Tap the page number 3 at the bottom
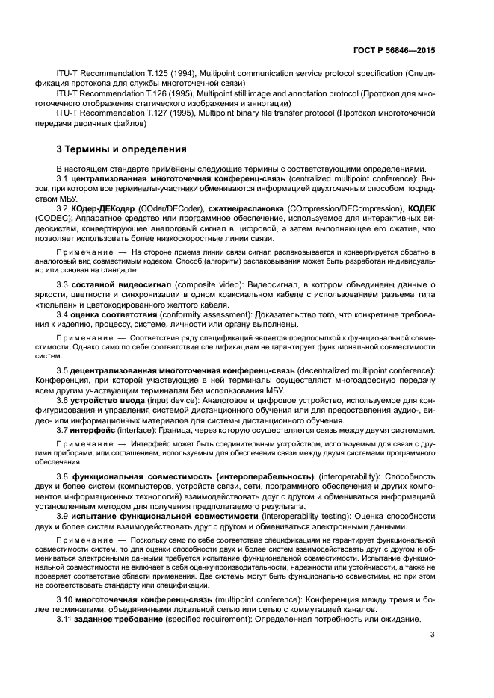tap(433, 635)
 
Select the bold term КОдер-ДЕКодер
tap(104, 209)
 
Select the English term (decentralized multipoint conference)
tap(365, 371)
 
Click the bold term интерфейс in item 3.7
tap(94, 430)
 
